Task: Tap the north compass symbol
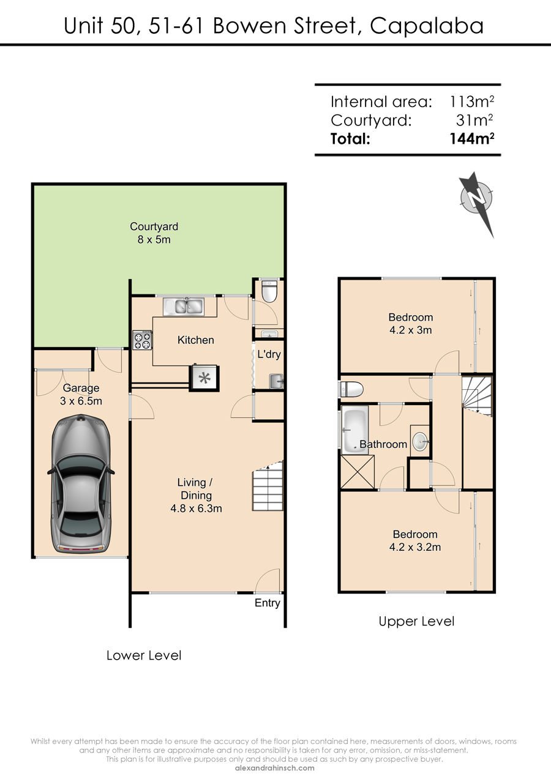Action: click(477, 201)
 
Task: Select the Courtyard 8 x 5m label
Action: click(154, 233)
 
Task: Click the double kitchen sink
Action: click(184, 307)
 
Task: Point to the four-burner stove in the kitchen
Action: click(142, 340)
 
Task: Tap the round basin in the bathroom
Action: click(420, 442)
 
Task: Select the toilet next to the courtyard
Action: click(269, 291)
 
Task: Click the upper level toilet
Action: click(351, 389)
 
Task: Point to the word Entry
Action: click(267, 603)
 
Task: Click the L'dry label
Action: click(269, 354)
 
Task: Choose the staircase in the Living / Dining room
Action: click(268, 486)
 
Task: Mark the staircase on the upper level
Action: click(477, 396)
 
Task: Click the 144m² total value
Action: click(471, 138)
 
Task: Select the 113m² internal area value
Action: click(471, 102)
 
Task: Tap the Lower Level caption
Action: click(144, 655)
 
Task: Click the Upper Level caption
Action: click(416, 622)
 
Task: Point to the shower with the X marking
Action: click(358, 472)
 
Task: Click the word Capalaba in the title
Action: click(427, 26)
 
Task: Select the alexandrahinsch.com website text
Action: click(275, 768)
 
